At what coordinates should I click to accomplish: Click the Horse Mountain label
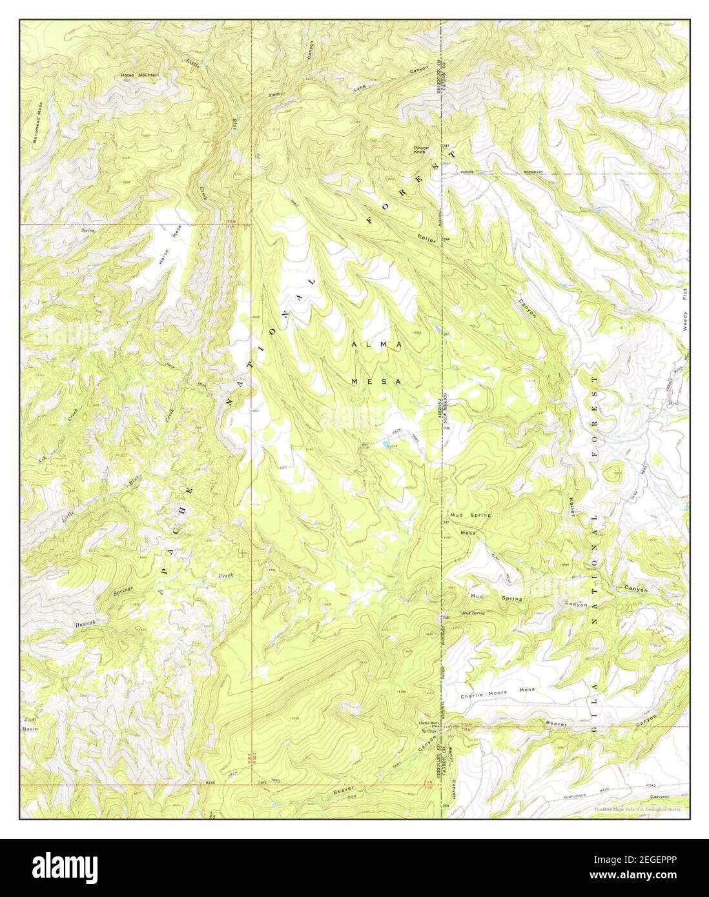tap(139, 76)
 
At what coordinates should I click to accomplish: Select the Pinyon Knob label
tap(422, 150)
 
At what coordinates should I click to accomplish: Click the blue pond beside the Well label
tap(385, 444)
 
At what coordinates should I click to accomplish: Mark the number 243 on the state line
tap(446, 146)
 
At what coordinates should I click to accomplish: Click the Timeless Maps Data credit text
tap(637, 809)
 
